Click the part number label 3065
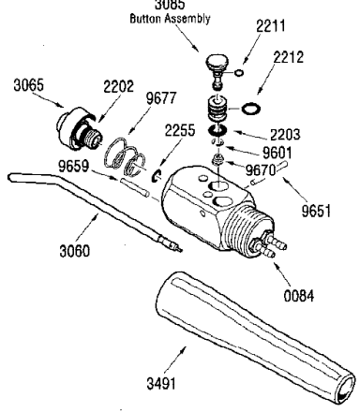(x=28, y=85)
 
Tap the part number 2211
(x=271, y=25)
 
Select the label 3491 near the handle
(x=161, y=383)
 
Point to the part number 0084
(x=299, y=296)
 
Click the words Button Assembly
(x=170, y=19)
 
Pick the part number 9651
(x=316, y=211)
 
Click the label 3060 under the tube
(x=74, y=251)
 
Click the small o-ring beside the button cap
(x=239, y=73)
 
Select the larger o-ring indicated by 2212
(x=251, y=109)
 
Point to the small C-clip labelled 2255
(x=156, y=176)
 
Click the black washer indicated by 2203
(x=217, y=130)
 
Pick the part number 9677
(x=161, y=98)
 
